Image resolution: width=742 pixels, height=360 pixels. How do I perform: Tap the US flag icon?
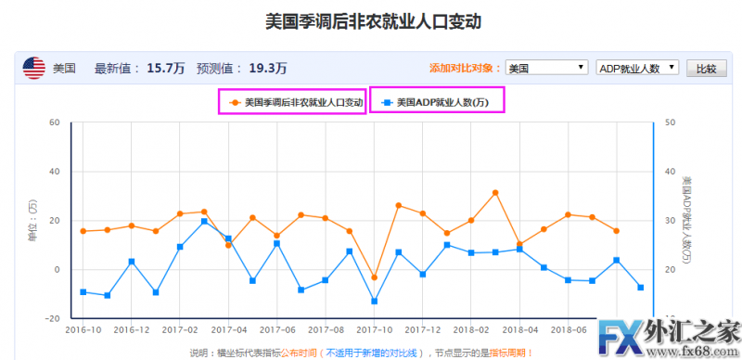pos(33,68)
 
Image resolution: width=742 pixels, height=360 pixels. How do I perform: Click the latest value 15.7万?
pos(166,68)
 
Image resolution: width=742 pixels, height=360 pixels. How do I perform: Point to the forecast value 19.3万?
pos(268,68)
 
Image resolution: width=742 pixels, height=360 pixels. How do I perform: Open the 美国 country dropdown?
pos(546,68)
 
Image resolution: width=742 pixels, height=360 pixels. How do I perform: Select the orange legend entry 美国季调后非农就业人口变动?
pos(293,102)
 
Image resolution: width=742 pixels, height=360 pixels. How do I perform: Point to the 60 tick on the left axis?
pos(55,122)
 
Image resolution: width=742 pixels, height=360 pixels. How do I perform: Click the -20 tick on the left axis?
pos(52,318)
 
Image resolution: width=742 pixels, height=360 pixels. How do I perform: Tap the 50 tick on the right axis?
pos(671,122)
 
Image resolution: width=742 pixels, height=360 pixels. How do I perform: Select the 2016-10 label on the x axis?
pos(83,329)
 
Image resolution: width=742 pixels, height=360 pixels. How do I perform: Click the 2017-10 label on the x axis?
pos(374,329)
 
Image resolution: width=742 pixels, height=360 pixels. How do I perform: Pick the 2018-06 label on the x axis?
pos(569,329)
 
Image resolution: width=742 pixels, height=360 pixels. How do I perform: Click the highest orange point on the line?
pos(495,193)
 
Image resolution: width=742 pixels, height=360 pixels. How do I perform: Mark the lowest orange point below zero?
pos(374,277)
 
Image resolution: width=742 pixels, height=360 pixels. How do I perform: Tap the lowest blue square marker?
pos(374,302)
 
